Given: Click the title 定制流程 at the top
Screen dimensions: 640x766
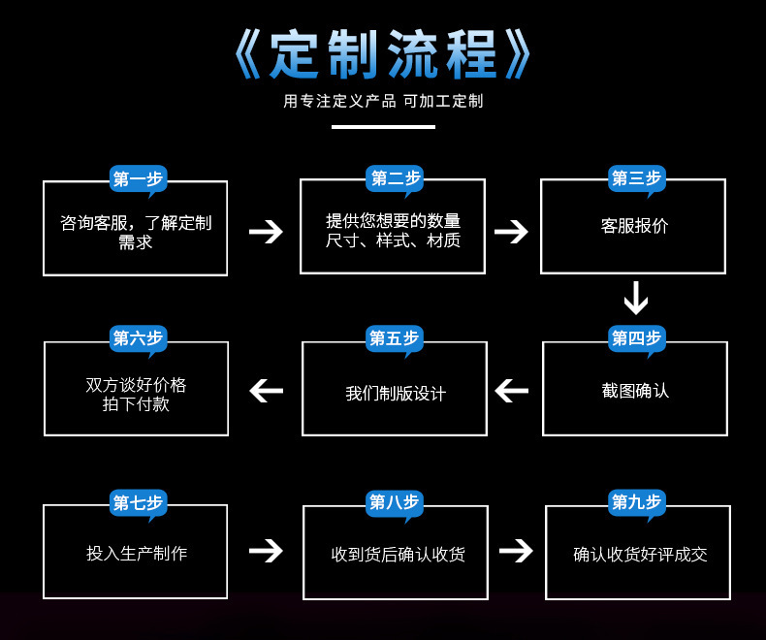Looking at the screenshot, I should tap(383, 55).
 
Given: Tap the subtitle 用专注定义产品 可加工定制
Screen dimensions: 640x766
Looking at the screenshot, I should tap(383, 101).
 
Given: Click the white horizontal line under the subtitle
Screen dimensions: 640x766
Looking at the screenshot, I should tap(383, 127).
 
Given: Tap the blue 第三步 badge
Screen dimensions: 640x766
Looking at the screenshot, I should tap(636, 178).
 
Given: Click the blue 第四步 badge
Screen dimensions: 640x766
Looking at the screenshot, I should tap(636, 338).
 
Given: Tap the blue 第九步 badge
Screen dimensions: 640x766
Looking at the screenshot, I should tap(636, 502).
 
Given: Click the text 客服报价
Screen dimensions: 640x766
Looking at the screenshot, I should tap(634, 226).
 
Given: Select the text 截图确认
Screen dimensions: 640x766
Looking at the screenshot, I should tap(635, 391).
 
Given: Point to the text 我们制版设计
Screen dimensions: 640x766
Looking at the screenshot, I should tap(396, 394).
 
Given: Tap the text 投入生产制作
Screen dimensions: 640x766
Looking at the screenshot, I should tap(137, 554).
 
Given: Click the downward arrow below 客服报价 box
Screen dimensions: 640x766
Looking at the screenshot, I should tap(635, 299).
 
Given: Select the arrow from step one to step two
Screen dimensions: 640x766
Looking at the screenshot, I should tap(265, 232).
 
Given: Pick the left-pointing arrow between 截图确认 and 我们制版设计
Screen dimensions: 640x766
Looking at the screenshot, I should tap(512, 391).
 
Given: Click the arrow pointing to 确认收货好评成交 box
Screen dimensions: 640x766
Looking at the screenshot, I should tap(516, 551).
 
